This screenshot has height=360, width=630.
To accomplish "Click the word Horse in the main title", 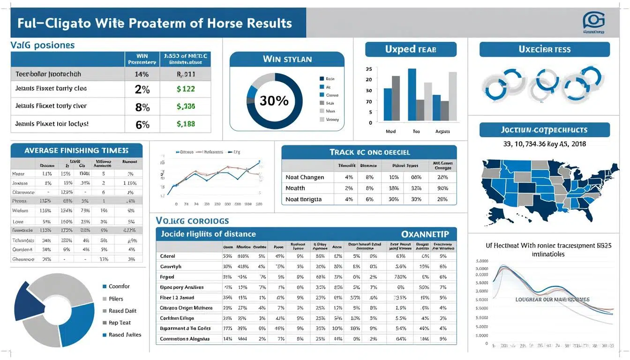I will [209, 23].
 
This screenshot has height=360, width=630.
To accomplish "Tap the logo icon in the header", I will [593, 21].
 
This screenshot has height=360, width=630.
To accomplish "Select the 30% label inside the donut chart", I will [274, 101].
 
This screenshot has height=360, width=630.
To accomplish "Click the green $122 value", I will [186, 89].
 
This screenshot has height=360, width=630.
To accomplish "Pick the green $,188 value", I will [186, 124].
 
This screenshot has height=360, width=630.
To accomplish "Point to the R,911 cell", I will [186, 74].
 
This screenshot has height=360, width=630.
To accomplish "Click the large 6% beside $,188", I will [142, 125].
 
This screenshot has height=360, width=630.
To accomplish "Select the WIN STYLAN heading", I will [287, 60].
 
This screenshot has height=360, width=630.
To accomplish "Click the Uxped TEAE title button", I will [411, 49].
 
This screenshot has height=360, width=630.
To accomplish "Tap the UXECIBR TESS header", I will [545, 49].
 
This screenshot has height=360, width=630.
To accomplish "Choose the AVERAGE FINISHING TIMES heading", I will [76, 150].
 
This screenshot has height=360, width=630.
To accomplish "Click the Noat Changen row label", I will [305, 177].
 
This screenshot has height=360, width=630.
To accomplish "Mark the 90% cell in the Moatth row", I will [442, 188].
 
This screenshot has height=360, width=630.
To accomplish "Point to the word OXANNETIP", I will [425, 234].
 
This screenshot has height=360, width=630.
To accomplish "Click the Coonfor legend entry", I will [119, 286].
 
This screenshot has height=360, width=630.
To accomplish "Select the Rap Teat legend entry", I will [120, 322].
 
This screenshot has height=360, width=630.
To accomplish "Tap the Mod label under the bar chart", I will [390, 132].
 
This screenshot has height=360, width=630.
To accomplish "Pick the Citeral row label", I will [167, 256].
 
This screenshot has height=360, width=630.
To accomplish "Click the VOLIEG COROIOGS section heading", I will [192, 220].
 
